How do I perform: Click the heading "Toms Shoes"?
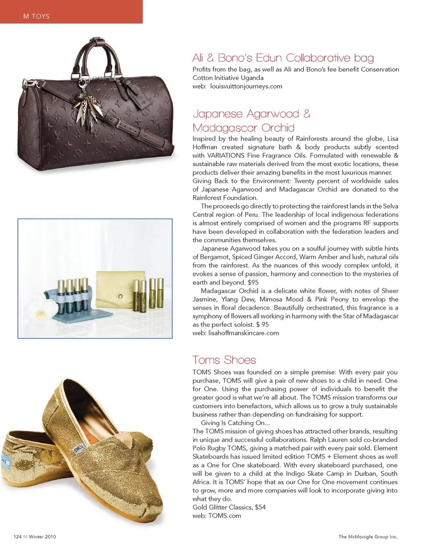coord(224,360)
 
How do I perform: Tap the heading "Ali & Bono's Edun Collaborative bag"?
coord(283,58)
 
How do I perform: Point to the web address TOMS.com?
coord(225,516)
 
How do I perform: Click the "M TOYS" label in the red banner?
coord(36,16)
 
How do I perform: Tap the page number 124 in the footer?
coord(18,536)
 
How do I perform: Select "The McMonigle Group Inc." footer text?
coord(367,536)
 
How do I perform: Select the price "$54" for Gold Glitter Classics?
coord(260,507)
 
